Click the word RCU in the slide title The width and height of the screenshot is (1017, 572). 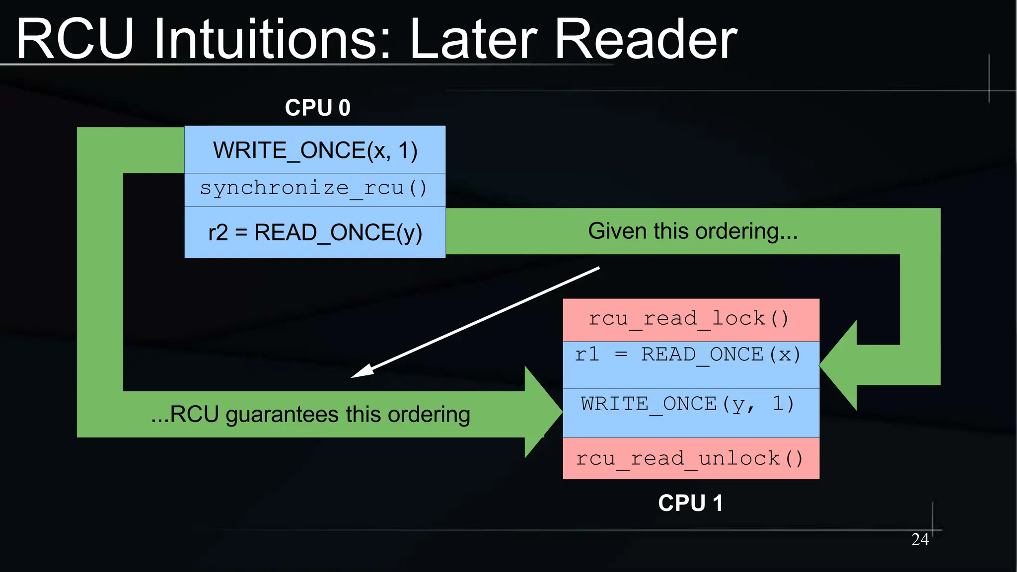pos(74,40)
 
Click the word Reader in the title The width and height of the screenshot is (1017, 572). pos(646,40)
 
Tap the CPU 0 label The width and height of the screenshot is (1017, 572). pos(317,108)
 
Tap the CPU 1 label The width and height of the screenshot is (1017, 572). pos(690,503)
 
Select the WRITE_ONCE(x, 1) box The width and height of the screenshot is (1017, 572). pos(315,150)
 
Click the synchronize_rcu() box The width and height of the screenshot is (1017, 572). pos(315,189)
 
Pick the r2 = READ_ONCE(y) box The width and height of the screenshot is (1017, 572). pos(315,232)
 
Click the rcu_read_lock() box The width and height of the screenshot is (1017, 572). pos(691,319)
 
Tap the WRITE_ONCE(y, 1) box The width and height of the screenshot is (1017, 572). pos(691,413)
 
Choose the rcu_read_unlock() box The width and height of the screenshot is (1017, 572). pos(691,458)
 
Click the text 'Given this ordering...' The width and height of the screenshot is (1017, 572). pos(693,231)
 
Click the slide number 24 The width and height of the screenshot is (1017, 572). pos(920,539)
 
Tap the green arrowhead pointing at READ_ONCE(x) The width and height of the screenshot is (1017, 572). pos(839,365)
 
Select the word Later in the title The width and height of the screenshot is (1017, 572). pos(474,40)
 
